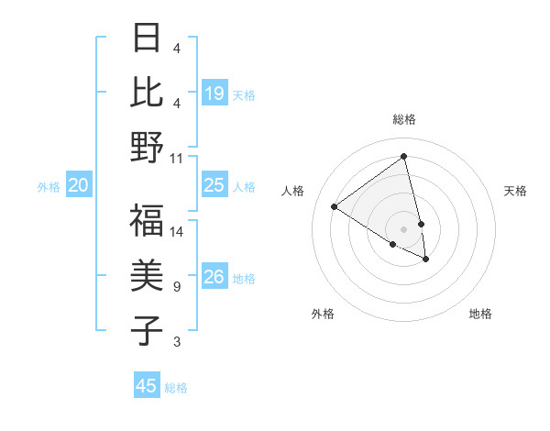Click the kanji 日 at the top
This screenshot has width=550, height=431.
[147, 39]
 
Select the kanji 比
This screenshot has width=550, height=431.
[147, 92]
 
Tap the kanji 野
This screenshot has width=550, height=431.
[147, 147]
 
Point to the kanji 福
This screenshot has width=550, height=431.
[147, 221]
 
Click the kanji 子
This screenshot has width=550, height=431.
[147, 330]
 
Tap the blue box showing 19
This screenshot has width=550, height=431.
[214, 93]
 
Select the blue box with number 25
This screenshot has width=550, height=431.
[214, 185]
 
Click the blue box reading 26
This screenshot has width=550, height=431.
[214, 277]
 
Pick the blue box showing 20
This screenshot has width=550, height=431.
[78, 186]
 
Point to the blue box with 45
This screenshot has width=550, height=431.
[147, 386]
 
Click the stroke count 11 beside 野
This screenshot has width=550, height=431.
[177, 158]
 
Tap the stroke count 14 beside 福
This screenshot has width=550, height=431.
[177, 232]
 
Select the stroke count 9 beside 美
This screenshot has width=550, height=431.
[177, 287]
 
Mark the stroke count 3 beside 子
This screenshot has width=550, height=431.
[177, 342]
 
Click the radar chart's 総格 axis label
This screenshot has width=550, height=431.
[404, 119]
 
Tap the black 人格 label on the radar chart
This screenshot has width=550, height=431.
[293, 191]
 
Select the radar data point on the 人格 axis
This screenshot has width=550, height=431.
[335, 206]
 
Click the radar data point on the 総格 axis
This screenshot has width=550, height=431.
[404, 157]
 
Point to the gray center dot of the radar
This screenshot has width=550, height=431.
[404, 228]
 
